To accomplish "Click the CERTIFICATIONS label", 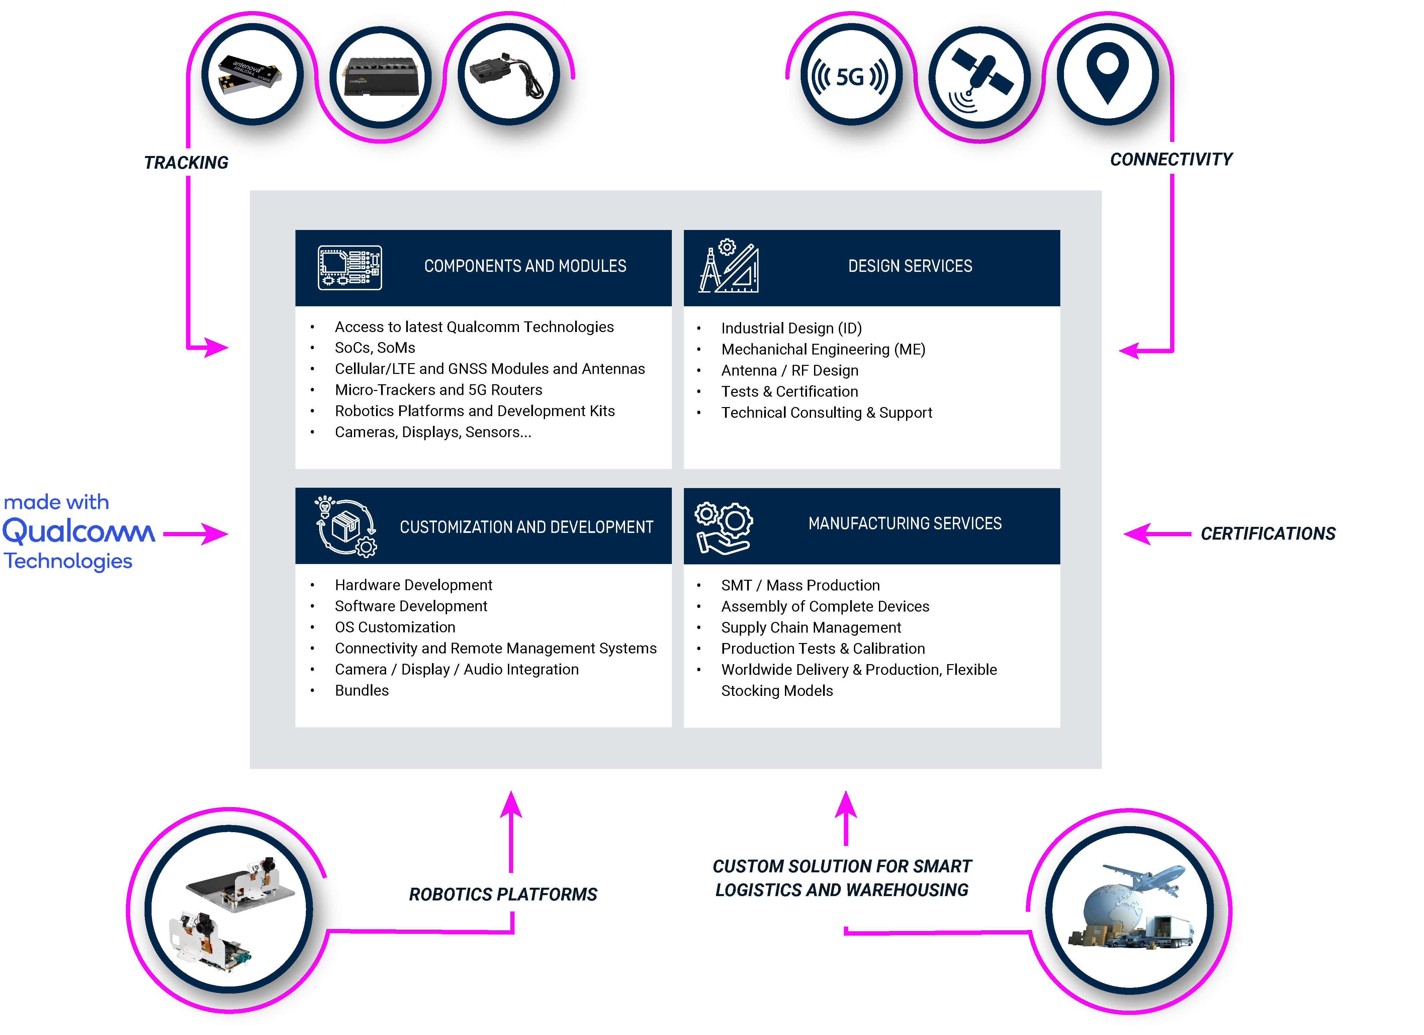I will pyautogui.click(x=1268, y=534).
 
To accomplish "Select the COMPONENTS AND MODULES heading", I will pyautogui.click(x=525, y=266).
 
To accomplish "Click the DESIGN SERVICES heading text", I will pyautogui.click(x=910, y=266).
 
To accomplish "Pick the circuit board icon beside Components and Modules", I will pyautogui.click(x=350, y=267).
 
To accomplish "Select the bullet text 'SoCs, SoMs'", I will pyautogui.click(x=375, y=348).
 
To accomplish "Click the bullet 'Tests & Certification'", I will pyautogui.click(x=789, y=392).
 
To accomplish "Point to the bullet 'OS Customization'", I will pyautogui.click(x=395, y=627).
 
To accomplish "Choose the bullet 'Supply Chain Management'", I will pyautogui.click(x=811, y=628).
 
